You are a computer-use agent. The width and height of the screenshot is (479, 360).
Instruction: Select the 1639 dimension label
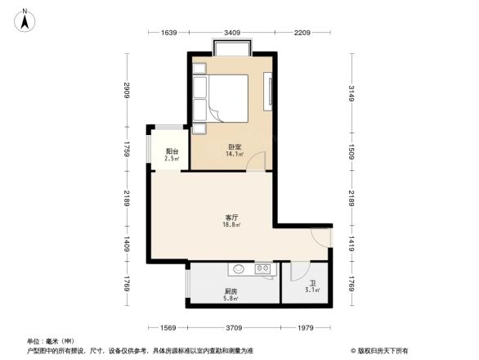(168, 34)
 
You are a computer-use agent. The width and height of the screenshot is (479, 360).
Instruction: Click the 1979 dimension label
(305, 328)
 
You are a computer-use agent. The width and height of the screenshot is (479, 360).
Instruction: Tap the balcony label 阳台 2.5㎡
(172, 155)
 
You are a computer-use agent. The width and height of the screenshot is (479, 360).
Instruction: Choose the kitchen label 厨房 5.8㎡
(231, 294)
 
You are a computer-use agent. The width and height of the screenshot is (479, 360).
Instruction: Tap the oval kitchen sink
(239, 268)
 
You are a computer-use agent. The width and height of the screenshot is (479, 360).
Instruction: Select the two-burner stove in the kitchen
(264, 268)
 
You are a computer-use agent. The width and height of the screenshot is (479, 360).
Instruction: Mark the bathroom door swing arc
(298, 271)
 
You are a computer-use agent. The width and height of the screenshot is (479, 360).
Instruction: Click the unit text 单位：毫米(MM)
(50, 340)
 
